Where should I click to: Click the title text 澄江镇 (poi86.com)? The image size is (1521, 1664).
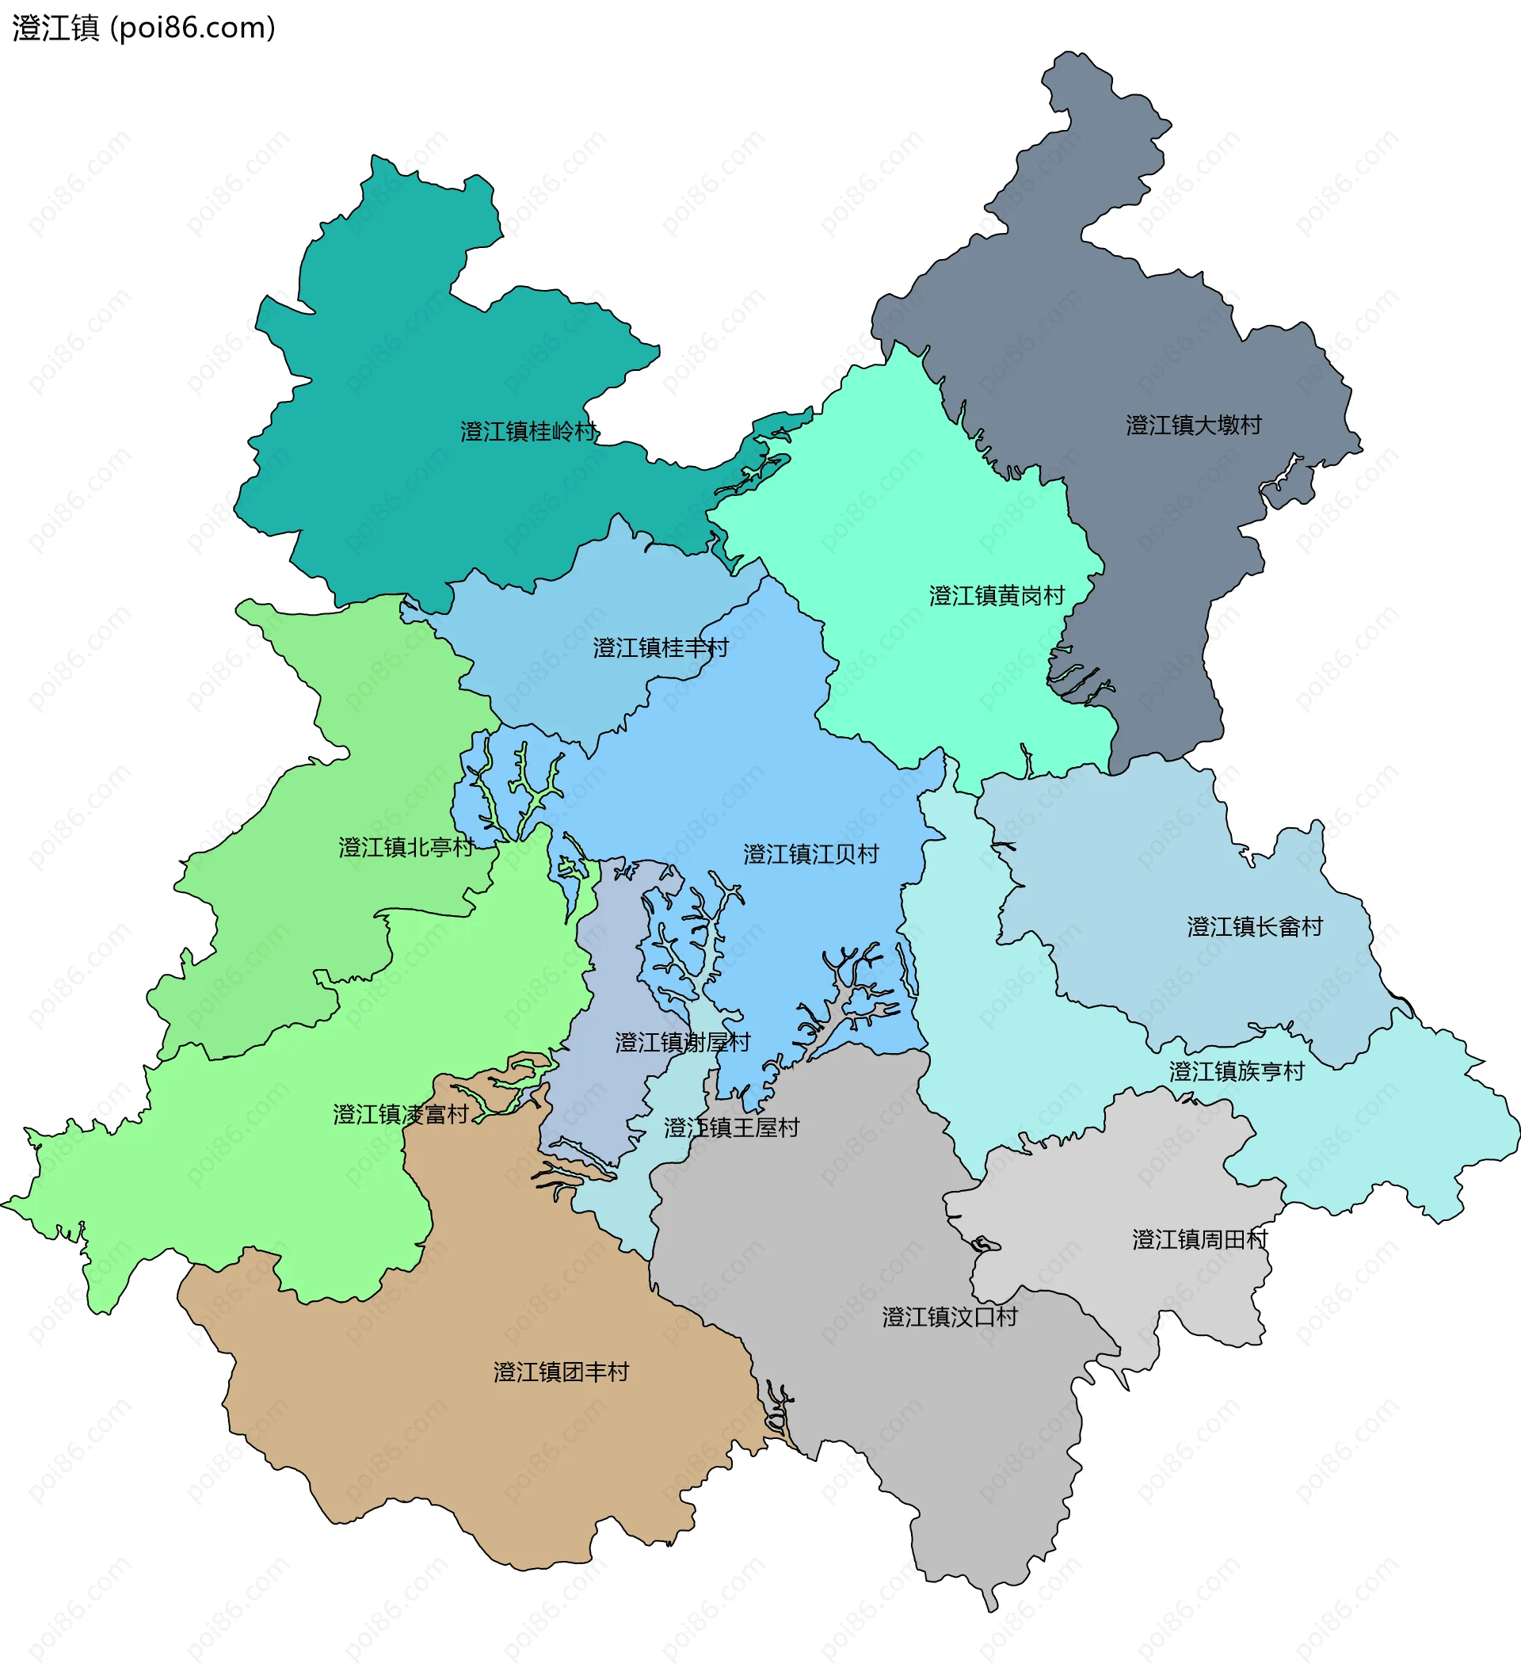(143, 28)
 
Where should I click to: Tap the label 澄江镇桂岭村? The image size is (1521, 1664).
(528, 432)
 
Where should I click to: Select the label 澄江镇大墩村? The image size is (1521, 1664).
(1193, 425)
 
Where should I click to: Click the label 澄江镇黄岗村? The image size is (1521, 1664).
(996, 596)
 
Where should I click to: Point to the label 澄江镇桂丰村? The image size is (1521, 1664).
(660, 648)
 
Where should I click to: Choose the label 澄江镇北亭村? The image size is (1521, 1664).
(406, 848)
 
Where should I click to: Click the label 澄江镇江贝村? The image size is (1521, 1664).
(810, 854)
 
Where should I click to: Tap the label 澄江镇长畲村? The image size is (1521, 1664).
(1255, 927)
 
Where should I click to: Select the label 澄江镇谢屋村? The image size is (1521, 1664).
(682, 1043)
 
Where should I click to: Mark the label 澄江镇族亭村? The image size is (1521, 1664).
(1237, 1071)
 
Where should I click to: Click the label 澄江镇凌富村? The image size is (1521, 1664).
(400, 1114)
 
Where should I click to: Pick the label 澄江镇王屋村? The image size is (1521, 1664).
(731, 1128)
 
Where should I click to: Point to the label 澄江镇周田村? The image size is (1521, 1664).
(1199, 1240)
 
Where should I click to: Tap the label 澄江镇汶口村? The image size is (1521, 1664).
(949, 1316)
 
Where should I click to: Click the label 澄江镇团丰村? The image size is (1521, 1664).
(561, 1372)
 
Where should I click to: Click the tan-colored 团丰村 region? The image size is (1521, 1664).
(495, 1445)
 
